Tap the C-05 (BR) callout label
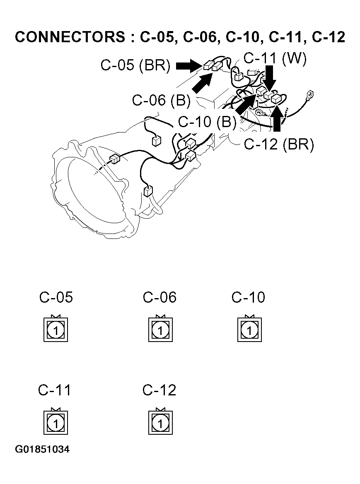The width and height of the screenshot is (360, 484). click(x=135, y=66)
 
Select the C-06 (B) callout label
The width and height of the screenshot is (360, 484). click(x=161, y=100)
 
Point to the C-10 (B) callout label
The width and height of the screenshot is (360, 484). click(x=207, y=122)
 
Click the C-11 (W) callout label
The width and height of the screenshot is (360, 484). click(x=275, y=58)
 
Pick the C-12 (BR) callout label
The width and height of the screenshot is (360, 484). click(x=279, y=144)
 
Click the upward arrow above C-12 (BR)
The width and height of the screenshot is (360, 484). click(x=277, y=118)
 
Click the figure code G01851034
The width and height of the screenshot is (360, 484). click(x=42, y=450)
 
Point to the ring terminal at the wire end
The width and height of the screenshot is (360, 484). click(x=309, y=95)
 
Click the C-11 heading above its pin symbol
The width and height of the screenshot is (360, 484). click(x=55, y=390)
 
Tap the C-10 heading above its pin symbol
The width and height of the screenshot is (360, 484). click(x=248, y=297)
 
